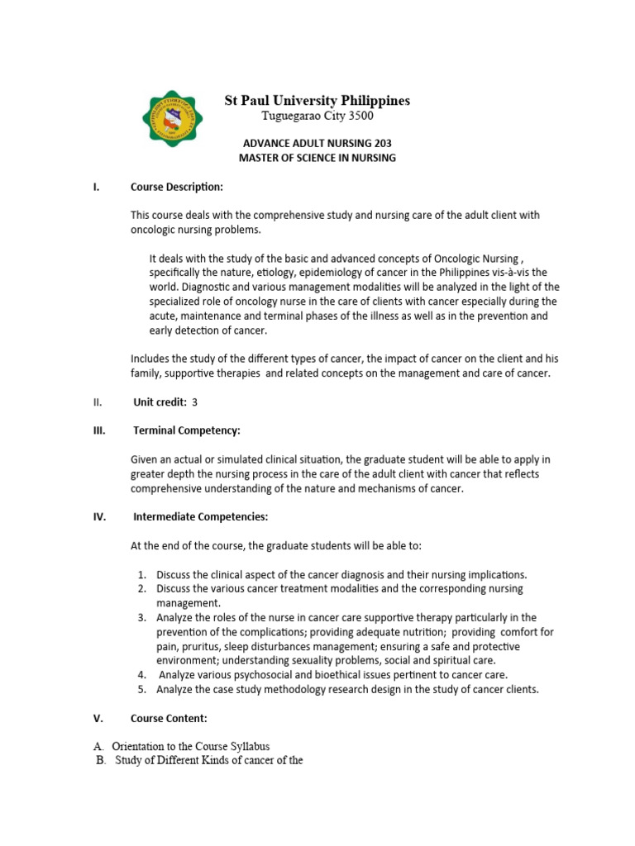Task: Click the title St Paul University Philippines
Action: (x=317, y=101)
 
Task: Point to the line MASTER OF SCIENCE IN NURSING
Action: (x=317, y=158)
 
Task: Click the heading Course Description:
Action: (x=177, y=187)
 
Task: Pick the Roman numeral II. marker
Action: (x=98, y=402)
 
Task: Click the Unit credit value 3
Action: (x=194, y=402)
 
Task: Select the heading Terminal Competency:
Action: (x=187, y=430)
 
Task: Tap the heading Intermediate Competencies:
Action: (x=201, y=517)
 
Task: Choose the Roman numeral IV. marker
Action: (x=98, y=517)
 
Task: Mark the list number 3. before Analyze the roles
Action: (x=142, y=617)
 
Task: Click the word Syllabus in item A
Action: (x=246, y=746)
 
